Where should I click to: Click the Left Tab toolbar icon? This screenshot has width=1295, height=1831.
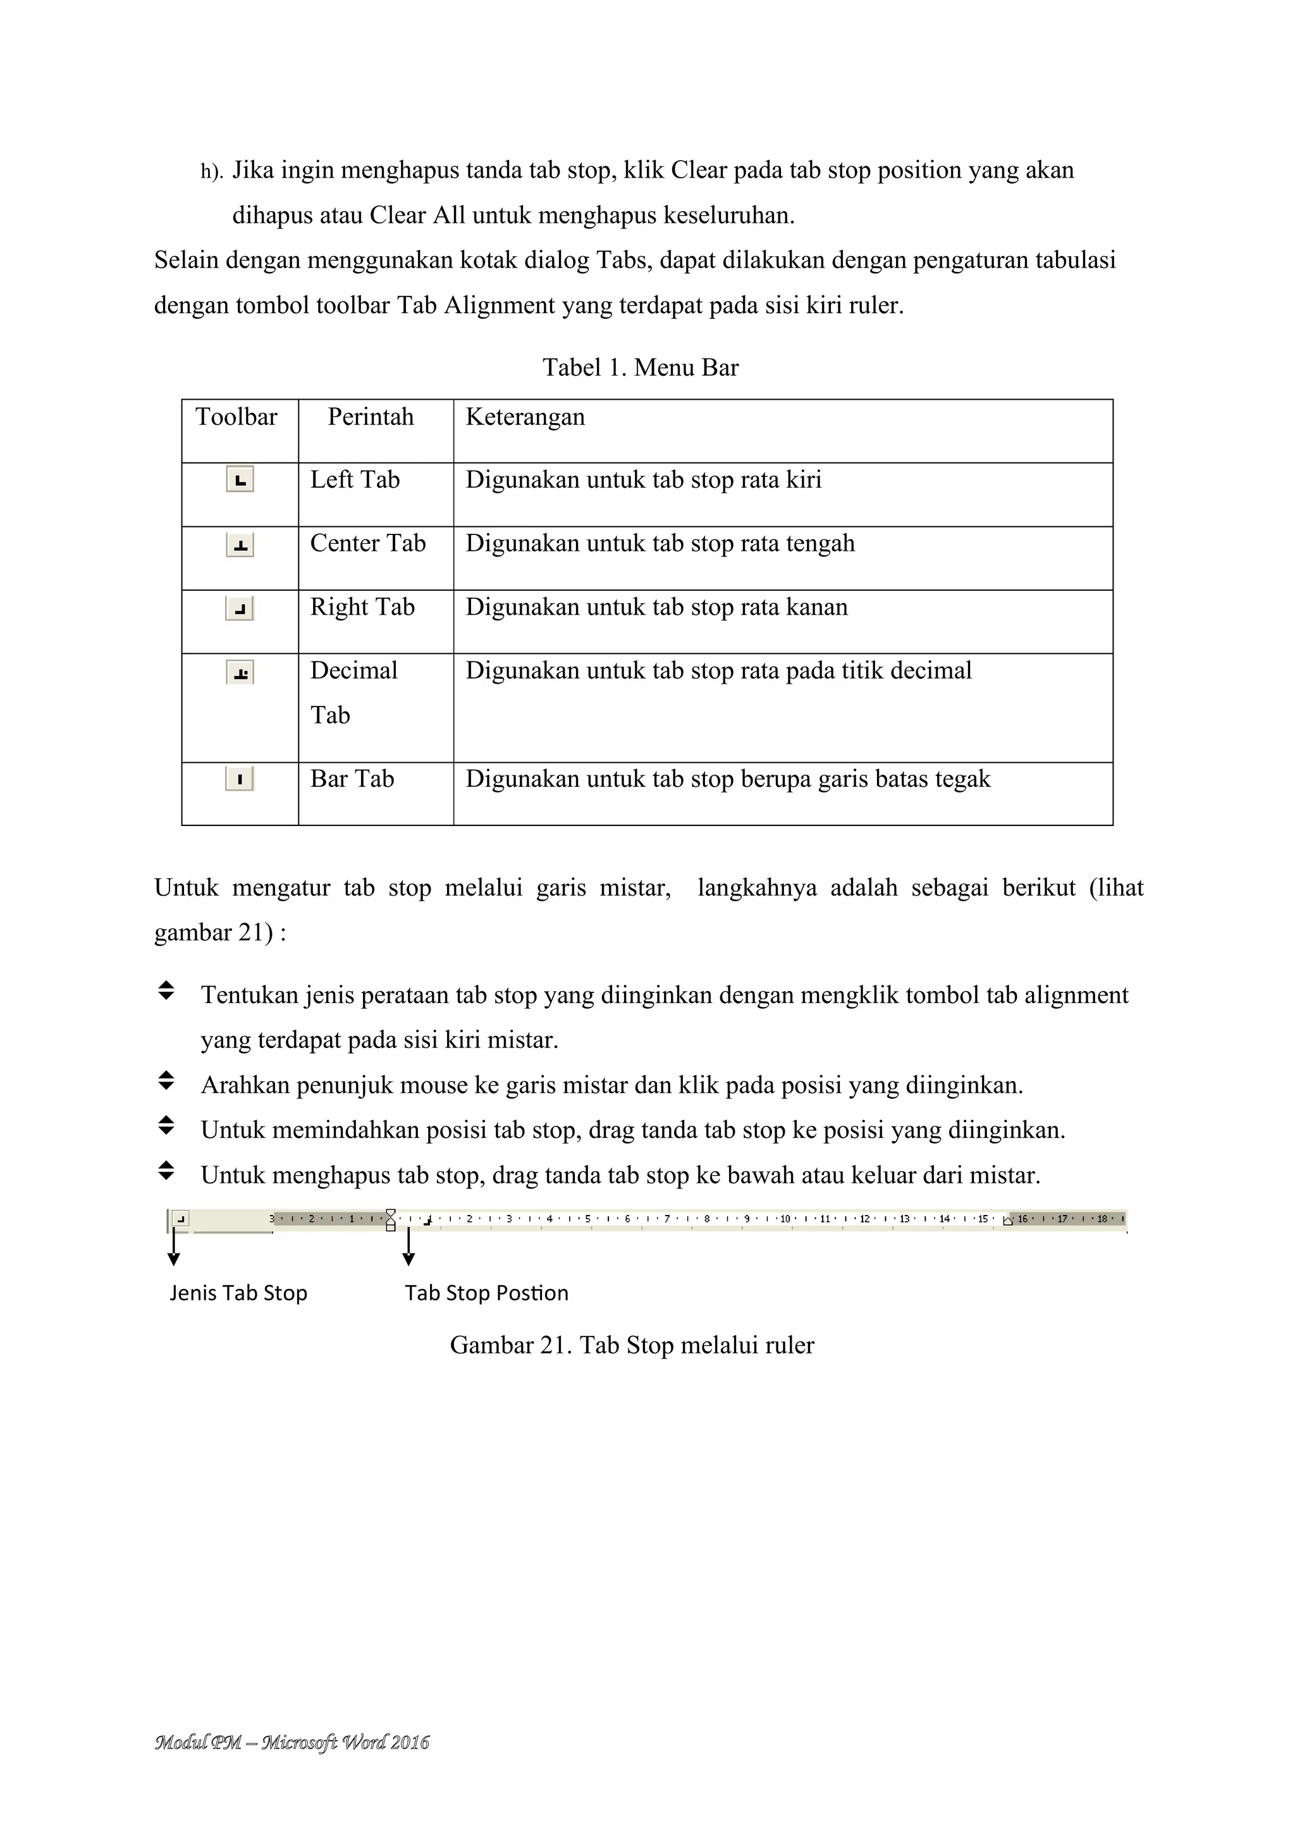pyautogui.click(x=240, y=480)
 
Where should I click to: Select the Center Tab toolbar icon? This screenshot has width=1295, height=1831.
pyautogui.click(x=240, y=545)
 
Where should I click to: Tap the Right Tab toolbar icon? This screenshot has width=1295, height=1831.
pyautogui.click(x=240, y=609)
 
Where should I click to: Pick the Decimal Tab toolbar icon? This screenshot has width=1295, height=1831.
pyautogui.click(x=240, y=673)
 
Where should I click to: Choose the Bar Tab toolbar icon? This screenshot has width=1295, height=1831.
pyautogui.click(x=240, y=779)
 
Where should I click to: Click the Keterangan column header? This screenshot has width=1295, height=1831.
pyautogui.click(x=525, y=417)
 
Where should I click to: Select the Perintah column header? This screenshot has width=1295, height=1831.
pyautogui.click(x=371, y=417)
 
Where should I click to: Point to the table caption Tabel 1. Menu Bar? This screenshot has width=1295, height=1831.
pyautogui.click(x=641, y=367)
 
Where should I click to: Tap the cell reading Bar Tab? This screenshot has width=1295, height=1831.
pyautogui.click(x=352, y=779)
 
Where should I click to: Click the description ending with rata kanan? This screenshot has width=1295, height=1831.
pyautogui.click(x=656, y=608)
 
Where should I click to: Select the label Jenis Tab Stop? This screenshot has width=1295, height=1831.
pyautogui.click(x=238, y=1293)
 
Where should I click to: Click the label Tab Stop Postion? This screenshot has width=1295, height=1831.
pyautogui.click(x=486, y=1293)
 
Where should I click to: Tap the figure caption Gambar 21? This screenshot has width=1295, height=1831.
pyautogui.click(x=632, y=1345)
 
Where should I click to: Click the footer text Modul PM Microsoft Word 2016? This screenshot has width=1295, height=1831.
pyautogui.click(x=292, y=1742)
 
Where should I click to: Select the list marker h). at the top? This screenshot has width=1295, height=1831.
pyautogui.click(x=211, y=172)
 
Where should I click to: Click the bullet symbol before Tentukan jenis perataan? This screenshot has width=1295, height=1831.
pyautogui.click(x=166, y=991)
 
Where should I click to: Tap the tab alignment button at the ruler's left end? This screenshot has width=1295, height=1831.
pyautogui.click(x=181, y=1219)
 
